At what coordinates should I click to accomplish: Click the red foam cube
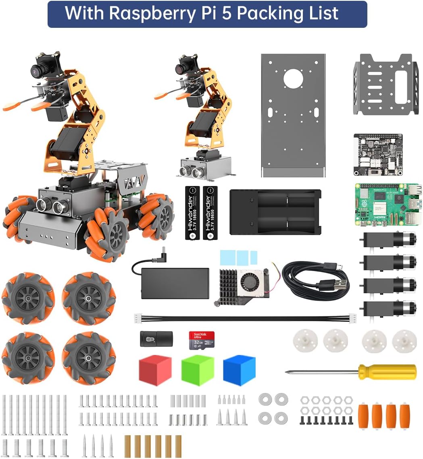coord(155,370)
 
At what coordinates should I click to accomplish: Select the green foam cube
coord(197,370)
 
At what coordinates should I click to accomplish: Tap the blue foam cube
coord(239,370)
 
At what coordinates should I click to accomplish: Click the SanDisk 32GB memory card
coord(201,340)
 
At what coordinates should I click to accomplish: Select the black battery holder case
coord(275,212)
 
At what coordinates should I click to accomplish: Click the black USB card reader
coord(156,339)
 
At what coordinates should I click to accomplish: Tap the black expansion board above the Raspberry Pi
coord(377,154)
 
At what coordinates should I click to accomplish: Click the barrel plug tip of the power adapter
coord(163,251)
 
